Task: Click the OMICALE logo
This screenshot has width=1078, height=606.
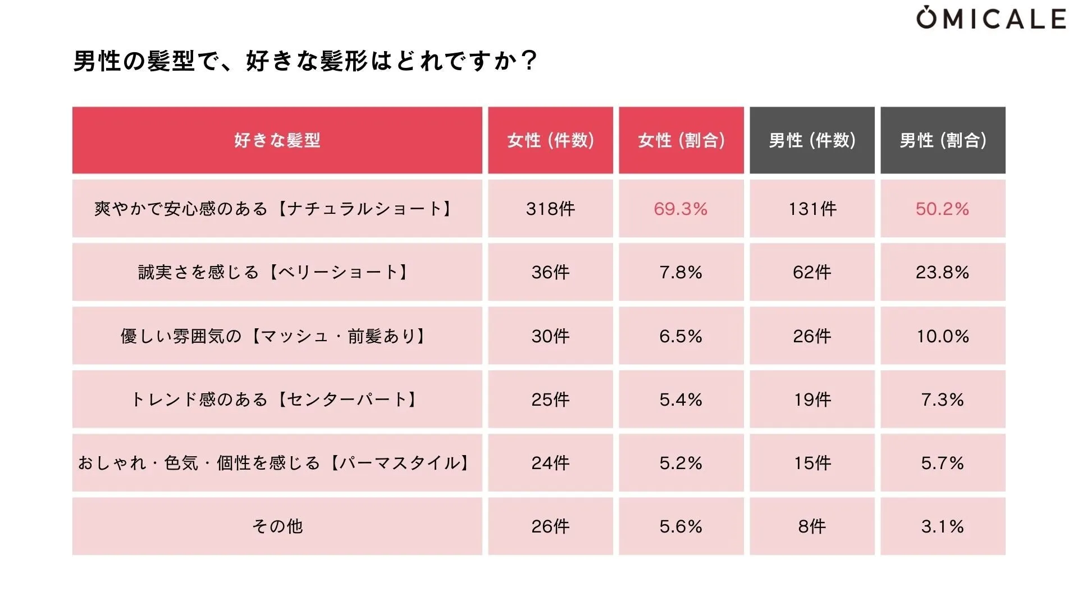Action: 992,19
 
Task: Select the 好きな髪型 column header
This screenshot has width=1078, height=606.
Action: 277,140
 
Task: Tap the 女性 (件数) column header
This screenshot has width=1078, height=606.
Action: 550,140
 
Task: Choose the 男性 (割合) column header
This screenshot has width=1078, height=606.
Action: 943,140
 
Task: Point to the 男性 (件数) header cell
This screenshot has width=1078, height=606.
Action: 812,140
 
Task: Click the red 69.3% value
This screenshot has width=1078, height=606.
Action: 680,209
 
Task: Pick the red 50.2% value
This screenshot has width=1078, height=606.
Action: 942,209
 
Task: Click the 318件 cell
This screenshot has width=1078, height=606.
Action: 550,209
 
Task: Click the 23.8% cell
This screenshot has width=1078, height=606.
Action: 942,272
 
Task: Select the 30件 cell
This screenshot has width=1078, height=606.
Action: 550,336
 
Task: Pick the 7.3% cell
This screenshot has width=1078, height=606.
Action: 942,400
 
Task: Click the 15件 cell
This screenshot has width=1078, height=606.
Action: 812,463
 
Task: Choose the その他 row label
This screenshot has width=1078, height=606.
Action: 277,526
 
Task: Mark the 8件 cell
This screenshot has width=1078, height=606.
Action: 812,526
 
